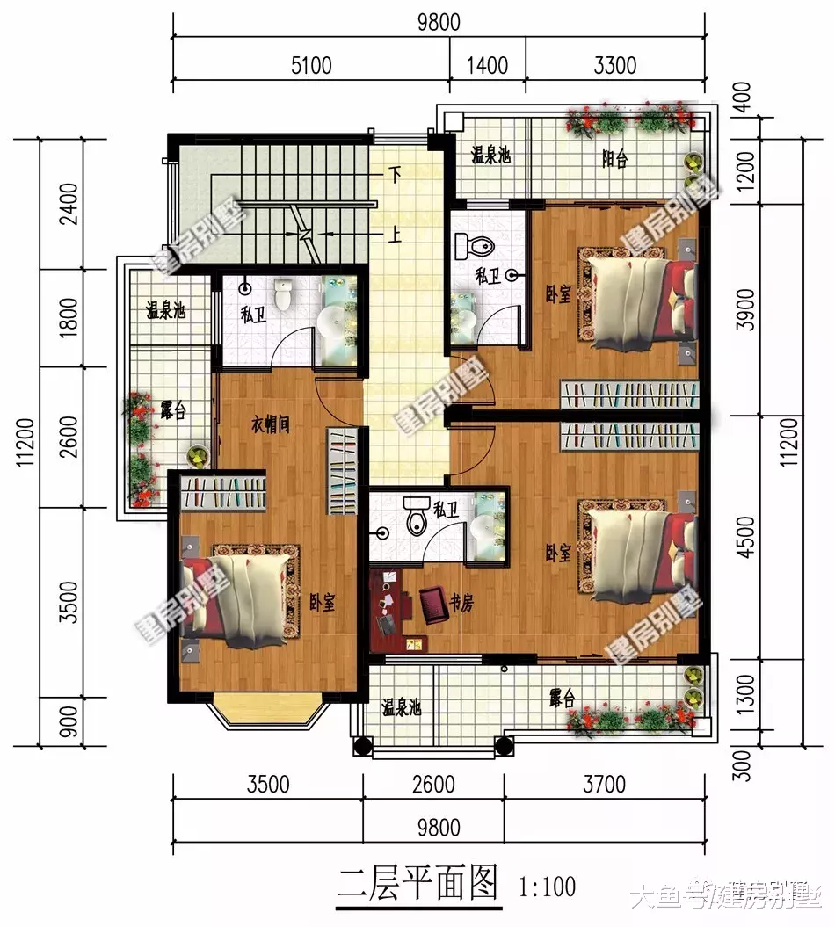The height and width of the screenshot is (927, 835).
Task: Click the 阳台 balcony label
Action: coord(614,160)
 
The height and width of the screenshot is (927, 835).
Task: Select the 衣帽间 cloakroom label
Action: coord(271,424)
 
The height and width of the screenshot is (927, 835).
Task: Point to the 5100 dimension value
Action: coord(310,65)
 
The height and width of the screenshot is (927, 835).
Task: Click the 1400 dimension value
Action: coord(488,65)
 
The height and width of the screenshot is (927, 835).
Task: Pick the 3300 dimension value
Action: coord(615,65)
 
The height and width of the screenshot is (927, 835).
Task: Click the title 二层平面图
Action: coord(417,881)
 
